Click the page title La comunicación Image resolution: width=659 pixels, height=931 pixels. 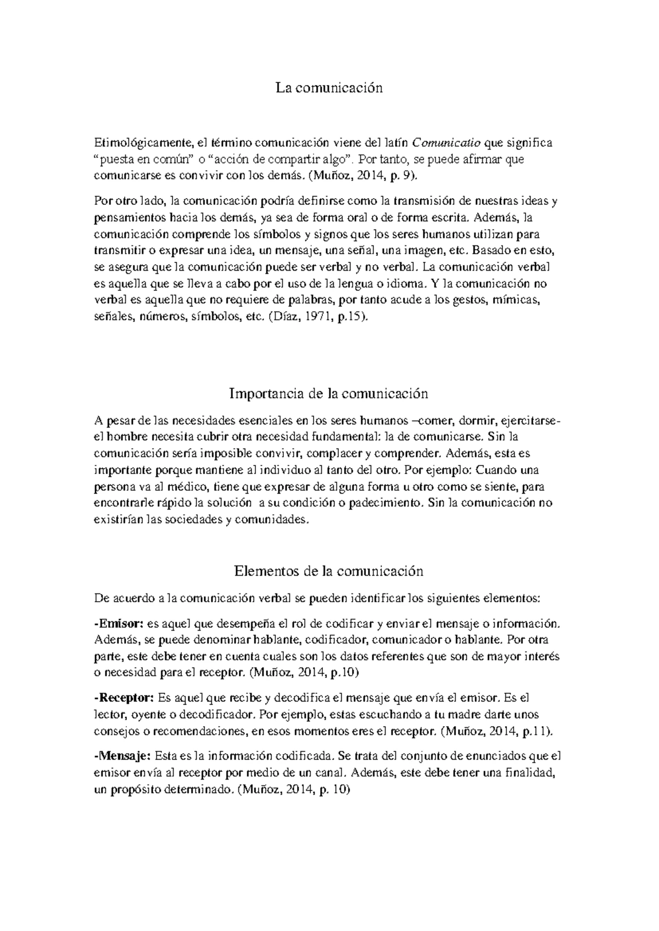(329, 88)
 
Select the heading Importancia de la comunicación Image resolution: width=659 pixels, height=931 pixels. (329, 394)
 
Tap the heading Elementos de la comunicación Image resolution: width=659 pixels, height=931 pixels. (329, 571)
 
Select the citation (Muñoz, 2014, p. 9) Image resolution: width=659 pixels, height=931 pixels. (364, 176)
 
